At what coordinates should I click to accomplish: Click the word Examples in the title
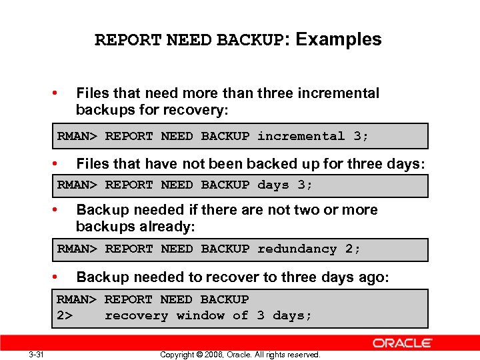click(339, 40)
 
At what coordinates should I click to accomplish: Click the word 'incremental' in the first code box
click(301, 136)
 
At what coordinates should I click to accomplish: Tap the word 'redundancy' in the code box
click(297, 249)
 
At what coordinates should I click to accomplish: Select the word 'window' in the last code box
click(201, 315)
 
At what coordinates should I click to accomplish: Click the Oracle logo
click(402, 343)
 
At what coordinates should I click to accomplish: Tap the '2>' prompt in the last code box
click(65, 315)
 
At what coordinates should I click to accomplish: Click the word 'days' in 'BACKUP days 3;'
click(273, 185)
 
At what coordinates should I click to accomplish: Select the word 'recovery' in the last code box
click(137, 315)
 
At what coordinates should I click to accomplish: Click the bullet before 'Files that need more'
click(61, 93)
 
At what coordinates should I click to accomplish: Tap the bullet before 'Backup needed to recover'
click(61, 277)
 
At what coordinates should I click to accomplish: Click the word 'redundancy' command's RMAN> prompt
click(77, 249)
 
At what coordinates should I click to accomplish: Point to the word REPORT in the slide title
click(128, 41)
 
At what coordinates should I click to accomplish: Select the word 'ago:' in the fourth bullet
click(374, 277)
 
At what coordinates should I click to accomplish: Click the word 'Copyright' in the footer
click(177, 355)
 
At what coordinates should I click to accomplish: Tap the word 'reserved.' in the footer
click(304, 355)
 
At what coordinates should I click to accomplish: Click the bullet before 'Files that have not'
click(61, 163)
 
